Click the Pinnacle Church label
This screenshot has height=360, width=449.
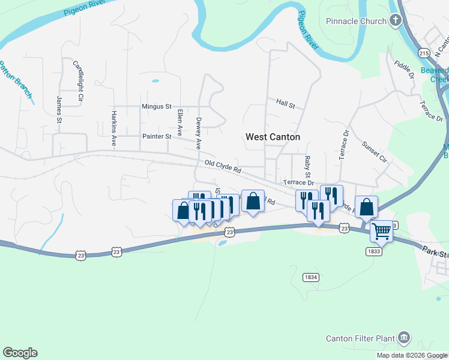(x=356, y=22)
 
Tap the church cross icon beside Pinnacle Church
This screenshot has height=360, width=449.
(x=395, y=22)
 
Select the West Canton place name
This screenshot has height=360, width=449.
(x=273, y=137)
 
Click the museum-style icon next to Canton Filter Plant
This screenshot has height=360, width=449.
(x=404, y=338)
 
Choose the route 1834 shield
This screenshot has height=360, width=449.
(x=310, y=277)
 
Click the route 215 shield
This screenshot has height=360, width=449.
(x=424, y=53)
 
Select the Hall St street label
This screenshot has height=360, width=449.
(x=286, y=104)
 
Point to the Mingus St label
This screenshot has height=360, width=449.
(x=157, y=107)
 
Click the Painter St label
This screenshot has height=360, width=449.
(x=157, y=137)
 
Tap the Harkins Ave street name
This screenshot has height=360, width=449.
(x=113, y=128)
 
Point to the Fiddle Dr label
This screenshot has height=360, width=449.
(x=405, y=70)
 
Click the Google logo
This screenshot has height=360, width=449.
(x=20, y=353)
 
